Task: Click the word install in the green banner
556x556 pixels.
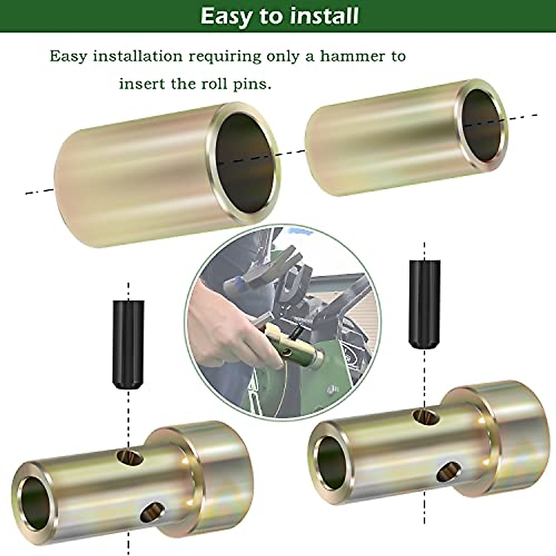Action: click(324, 16)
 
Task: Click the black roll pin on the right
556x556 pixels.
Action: click(424, 303)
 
